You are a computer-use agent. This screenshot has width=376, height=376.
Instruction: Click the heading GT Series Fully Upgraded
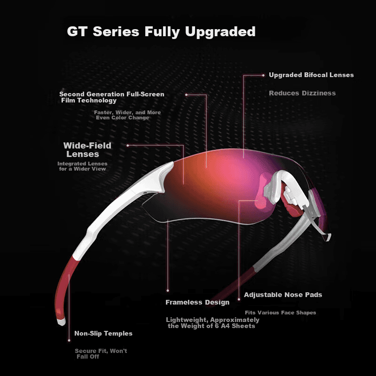tap(161, 31)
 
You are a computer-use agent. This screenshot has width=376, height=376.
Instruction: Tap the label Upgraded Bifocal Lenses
tap(311, 75)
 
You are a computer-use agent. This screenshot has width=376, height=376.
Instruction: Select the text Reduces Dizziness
tap(302, 93)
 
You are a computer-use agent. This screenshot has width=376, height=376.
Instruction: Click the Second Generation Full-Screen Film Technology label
tap(112, 97)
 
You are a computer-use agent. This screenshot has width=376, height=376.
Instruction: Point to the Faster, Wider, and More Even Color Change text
tap(127, 115)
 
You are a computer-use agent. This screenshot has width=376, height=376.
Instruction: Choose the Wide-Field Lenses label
tap(87, 149)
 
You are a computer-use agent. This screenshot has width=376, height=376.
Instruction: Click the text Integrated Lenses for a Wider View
tap(82, 166)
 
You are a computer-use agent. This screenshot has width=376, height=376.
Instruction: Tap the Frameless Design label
tap(197, 302)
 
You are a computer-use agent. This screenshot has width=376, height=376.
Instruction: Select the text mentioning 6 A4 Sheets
tap(213, 323)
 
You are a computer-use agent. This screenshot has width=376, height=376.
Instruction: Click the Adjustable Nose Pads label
tap(283, 295)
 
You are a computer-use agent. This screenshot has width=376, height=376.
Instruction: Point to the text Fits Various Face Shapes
tap(280, 313)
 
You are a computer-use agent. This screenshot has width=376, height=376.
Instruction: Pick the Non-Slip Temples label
tap(103, 333)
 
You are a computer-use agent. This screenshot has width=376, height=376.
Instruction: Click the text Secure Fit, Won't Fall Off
tap(101, 354)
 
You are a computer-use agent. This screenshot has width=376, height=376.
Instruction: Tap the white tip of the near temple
tap(62, 322)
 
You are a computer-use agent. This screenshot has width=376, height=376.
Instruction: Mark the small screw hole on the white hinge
tap(145, 192)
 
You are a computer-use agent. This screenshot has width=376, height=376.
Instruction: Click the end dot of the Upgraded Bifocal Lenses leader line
tap(263, 75)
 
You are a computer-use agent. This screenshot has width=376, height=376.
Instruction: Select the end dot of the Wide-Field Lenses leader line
tap(128, 145)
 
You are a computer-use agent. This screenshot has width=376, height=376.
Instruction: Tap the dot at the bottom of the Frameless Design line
tap(168, 290)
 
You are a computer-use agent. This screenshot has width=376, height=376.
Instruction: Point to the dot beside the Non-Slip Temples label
tap(69, 340)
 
